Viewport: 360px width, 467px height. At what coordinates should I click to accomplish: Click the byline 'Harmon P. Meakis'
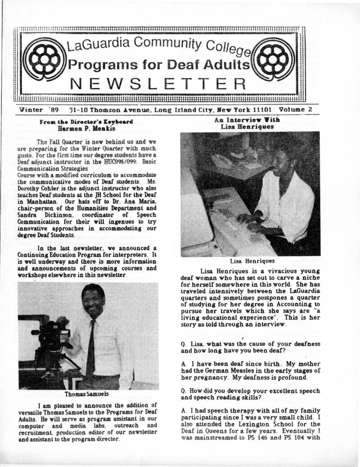85,128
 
